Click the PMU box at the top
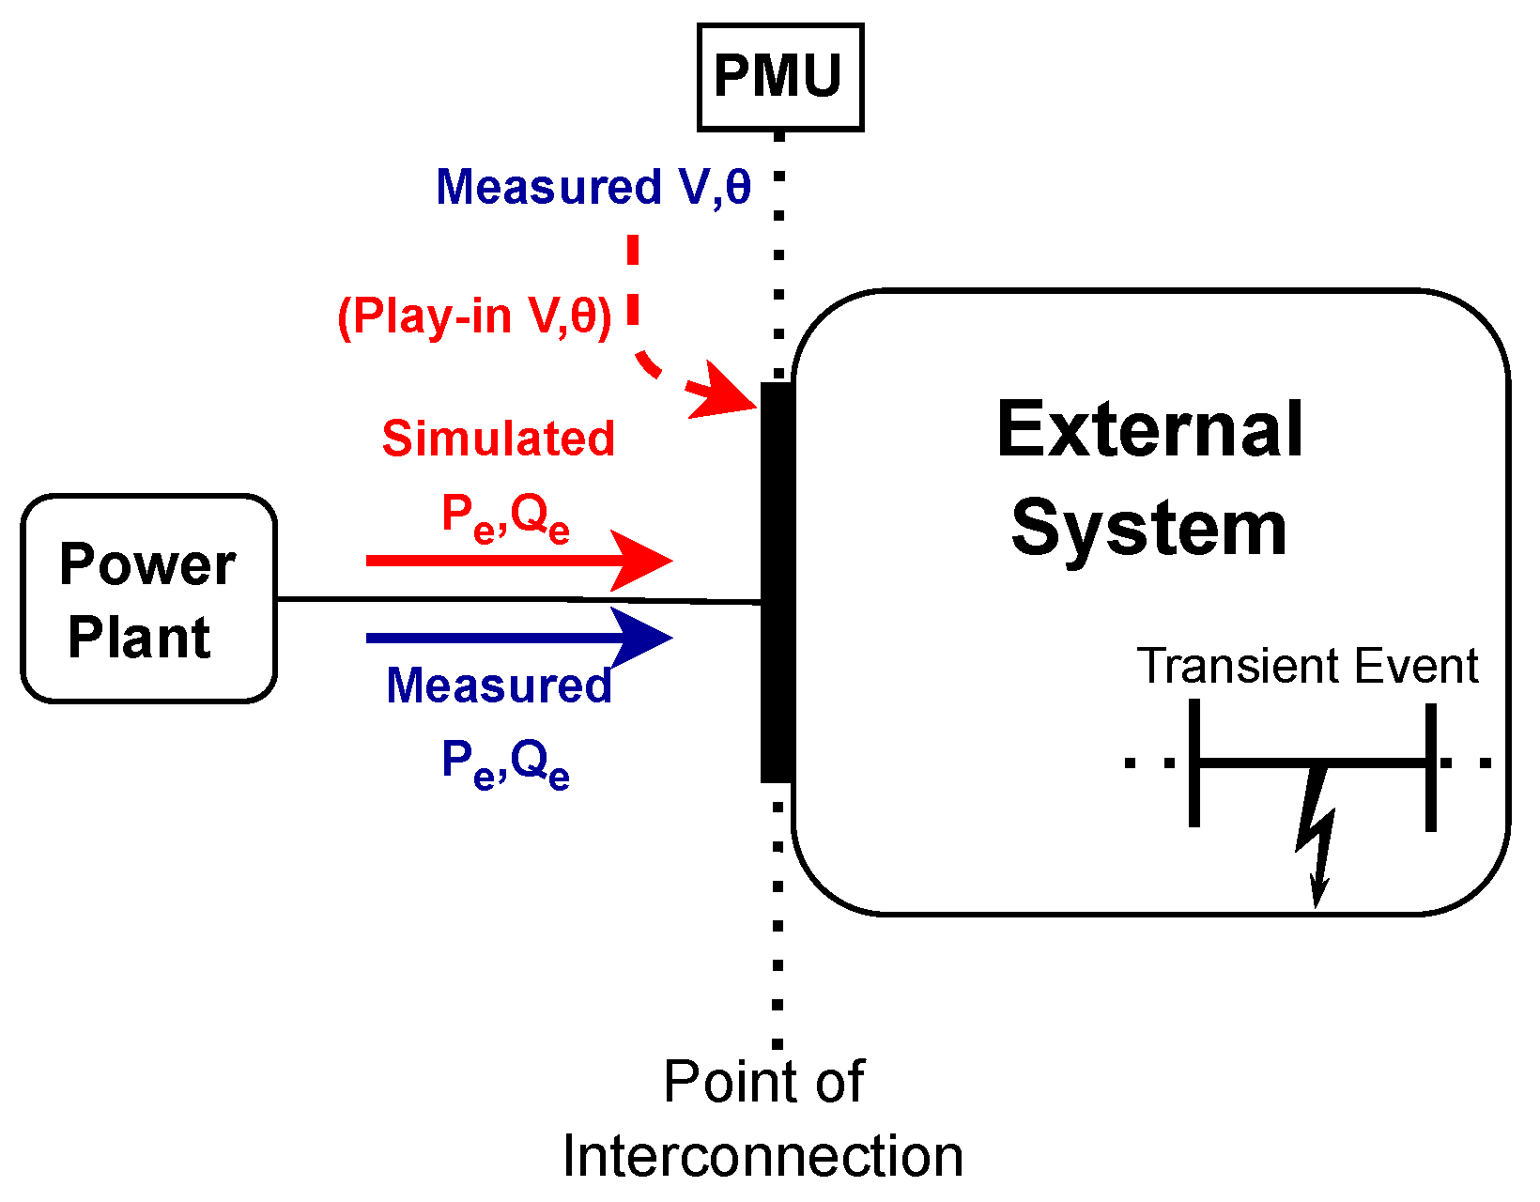pos(779,77)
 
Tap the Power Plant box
pos(148,599)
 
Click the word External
pos(1149,430)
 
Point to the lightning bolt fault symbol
pos(1316,831)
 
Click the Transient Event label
pos(1307,667)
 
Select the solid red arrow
pos(517,561)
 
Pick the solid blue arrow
pos(517,638)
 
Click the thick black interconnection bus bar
pos(777,582)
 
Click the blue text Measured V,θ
pos(593,187)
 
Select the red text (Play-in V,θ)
pos(474,316)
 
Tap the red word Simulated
pos(498,439)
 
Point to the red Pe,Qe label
pos(505,517)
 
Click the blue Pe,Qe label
pos(505,763)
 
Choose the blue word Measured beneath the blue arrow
pos(499,686)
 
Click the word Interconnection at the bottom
pos(762,1156)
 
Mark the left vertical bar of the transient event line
pos(1193,763)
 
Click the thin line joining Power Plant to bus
pos(516,599)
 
